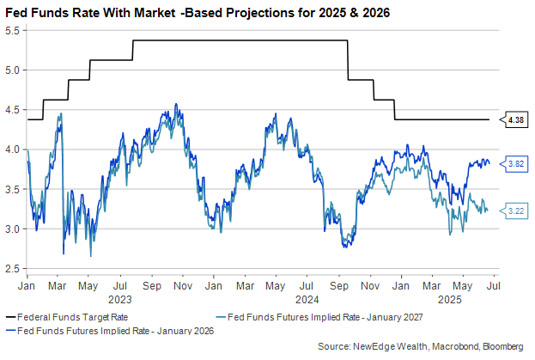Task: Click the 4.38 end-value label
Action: tap(516, 120)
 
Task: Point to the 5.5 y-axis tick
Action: tap(15, 30)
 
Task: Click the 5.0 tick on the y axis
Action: tap(15, 70)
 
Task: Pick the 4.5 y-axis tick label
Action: tap(15, 109)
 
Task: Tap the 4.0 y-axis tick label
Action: tap(15, 149)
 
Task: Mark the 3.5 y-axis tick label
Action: tap(15, 189)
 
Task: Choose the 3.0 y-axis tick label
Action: tap(15, 229)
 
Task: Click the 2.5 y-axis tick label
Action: tap(15, 269)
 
